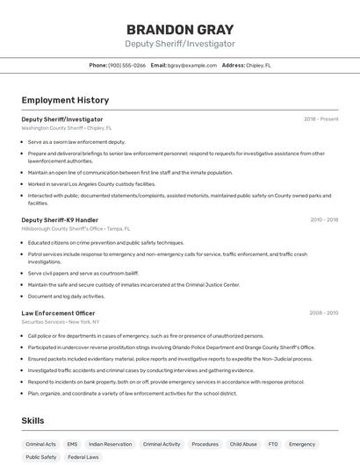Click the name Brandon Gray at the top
pyautogui.click(x=179, y=29)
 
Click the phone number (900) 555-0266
pyautogui.click(x=127, y=65)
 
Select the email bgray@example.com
pyautogui.click(x=191, y=65)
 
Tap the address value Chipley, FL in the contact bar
pyautogui.click(x=258, y=65)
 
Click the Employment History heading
pyautogui.click(x=65, y=100)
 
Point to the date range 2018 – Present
pyautogui.click(x=320, y=118)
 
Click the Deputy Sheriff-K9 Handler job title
pyautogui.click(x=60, y=219)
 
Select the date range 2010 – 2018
pyautogui.click(x=324, y=219)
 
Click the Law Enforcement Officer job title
pyautogui.click(x=58, y=312)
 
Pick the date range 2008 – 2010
pyautogui.click(x=324, y=312)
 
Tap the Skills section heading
pyautogui.click(x=32, y=421)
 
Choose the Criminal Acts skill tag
pyautogui.click(x=40, y=444)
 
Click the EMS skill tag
pyautogui.click(x=72, y=444)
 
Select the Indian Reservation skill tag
pyautogui.click(x=110, y=444)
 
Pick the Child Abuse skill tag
pyautogui.click(x=243, y=444)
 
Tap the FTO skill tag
pyautogui.click(x=272, y=444)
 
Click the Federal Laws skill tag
pyautogui.click(x=83, y=457)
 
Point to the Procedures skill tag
pyautogui.click(x=205, y=444)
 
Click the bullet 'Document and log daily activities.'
pyautogui.click(x=66, y=296)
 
